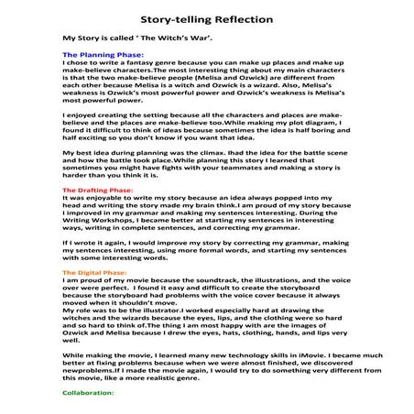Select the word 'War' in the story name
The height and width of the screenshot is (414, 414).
(164, 39)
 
